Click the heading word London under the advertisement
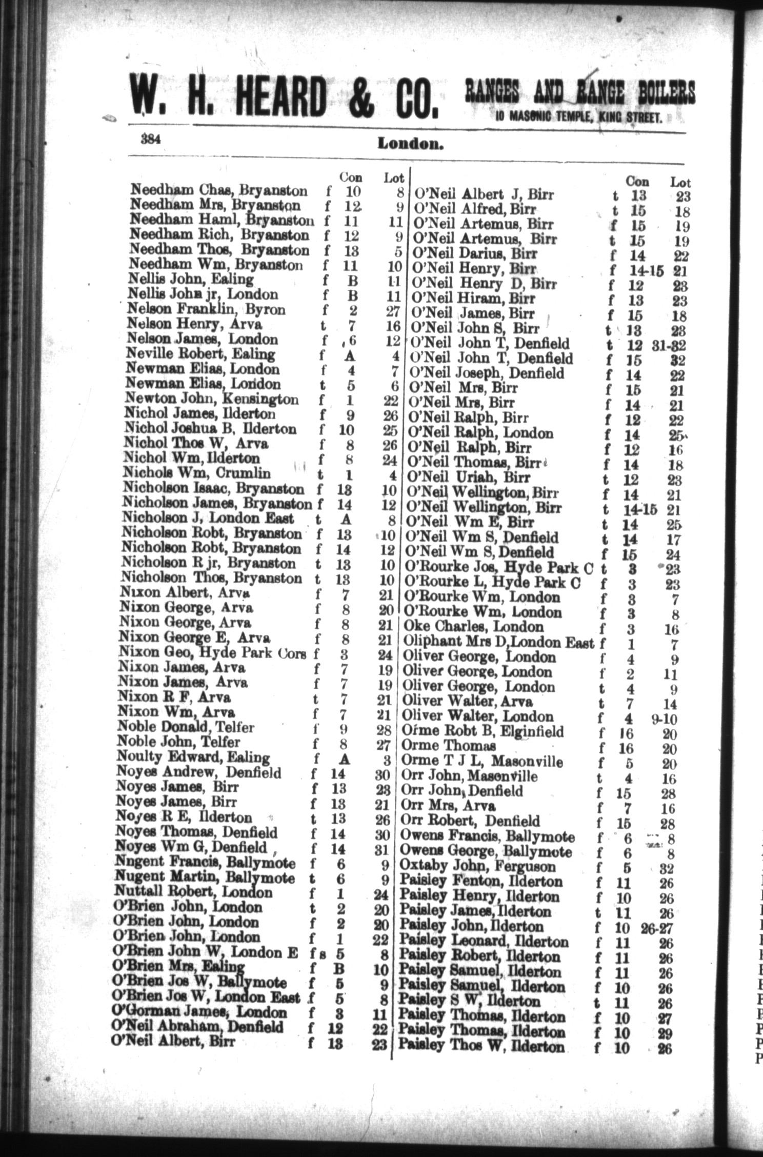(x=410, y=144)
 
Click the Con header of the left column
(x=351, y=177)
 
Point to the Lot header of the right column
(x=680, y=182)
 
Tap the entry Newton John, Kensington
(x=211, y=399)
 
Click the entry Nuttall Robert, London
(x=194, y=892)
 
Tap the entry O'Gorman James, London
(x=199, y=1012)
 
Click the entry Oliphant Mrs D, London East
(x=498, y=642)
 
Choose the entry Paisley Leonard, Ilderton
(x=484, y=942)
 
